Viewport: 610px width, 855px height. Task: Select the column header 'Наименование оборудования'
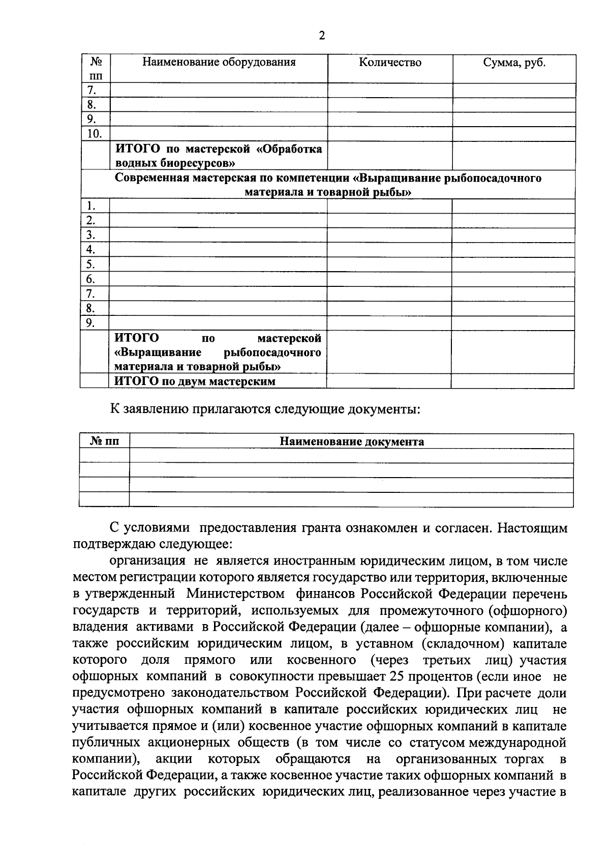(219, 63)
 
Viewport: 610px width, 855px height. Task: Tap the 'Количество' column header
(390, 63)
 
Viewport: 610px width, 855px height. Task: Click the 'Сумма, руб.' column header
(514, 63)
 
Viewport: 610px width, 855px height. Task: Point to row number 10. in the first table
(95, 134)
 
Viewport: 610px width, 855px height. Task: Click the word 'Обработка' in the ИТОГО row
(294, 149)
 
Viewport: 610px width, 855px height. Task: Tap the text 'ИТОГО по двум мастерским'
(195, 381)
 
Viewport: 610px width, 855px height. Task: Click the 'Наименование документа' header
(352, 441)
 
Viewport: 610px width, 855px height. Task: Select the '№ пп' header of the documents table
(104, 441)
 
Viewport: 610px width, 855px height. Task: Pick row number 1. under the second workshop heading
(91, 206)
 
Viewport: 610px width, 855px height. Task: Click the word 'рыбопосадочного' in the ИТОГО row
(272, 352)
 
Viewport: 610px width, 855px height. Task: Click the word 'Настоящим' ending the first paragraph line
(532, 527)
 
